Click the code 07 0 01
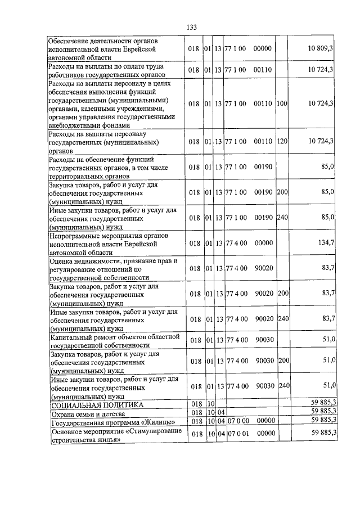(x=238, y=432)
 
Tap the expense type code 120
(x=282, y=141)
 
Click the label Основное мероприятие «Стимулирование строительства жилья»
(x=116, y=435)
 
